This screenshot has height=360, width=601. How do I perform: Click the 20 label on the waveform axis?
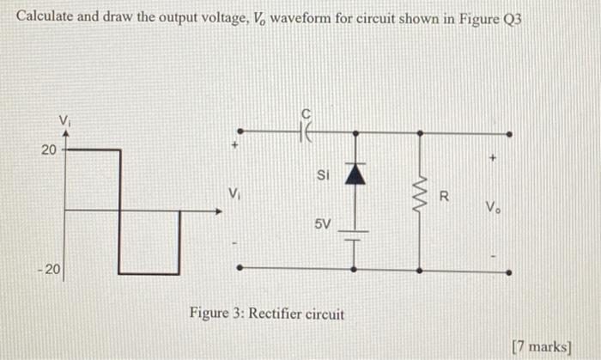(x=48, y=150)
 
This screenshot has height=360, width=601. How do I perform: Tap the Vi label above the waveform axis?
(x=64, y=119)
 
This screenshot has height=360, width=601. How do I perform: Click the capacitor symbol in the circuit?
(x=307, y=133)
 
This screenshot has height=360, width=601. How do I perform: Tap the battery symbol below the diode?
(x=354, y=233)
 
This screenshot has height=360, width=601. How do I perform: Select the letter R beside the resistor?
(x=443, y=195)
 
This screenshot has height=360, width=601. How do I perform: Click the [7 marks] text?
(x=540, y=345)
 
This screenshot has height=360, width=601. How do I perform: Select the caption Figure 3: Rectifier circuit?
(x=267, y=314)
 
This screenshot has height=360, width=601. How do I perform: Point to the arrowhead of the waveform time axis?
(x=215, y=210)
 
